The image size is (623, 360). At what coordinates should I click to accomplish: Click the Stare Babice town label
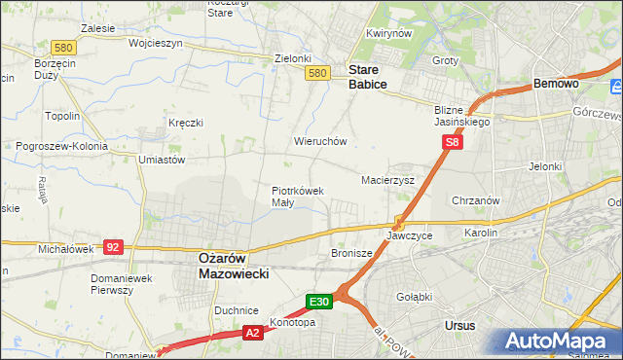368,77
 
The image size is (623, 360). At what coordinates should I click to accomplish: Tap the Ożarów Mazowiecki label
226,266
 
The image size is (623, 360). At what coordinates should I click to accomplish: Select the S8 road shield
452,142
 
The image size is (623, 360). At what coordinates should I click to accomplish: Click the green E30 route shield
321,301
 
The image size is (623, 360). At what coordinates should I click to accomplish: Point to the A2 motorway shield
251,333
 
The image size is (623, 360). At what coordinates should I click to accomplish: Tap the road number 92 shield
114,247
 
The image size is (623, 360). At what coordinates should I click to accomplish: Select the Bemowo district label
557,85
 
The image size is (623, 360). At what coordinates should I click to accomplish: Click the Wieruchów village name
320,141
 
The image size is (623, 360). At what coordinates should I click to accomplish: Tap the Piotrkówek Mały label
297,197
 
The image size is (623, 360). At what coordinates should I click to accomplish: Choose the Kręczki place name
185,123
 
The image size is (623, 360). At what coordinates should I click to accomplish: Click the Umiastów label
162,159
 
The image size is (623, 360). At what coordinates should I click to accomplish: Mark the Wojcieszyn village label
128,44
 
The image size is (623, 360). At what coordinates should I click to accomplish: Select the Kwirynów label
385,33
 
